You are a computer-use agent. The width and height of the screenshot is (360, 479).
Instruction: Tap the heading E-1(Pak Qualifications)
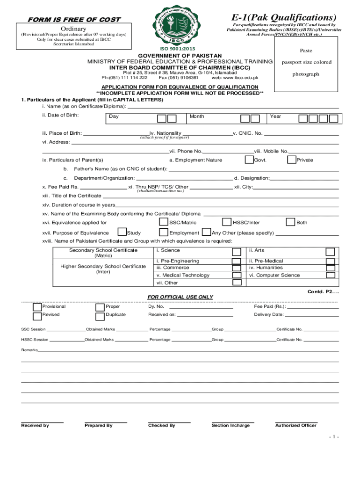coord(284,17)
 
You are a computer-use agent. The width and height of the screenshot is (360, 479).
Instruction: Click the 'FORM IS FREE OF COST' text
coord(73,20)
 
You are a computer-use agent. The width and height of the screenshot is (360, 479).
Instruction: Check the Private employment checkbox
coord(291,160)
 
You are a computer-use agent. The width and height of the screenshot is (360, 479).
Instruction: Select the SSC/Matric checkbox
coord(164,222)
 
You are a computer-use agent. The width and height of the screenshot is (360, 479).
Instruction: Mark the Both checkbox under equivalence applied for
coord(290,222)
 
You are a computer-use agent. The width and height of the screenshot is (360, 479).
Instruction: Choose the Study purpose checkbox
coord(122,232)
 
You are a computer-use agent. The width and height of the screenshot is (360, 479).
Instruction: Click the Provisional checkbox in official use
coord(36,307)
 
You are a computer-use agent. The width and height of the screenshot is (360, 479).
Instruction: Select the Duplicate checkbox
coord(100,315)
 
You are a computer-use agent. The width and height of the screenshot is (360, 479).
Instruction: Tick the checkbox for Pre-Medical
coord(330,261)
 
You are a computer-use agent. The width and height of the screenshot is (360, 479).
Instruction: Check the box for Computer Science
coord(330,276)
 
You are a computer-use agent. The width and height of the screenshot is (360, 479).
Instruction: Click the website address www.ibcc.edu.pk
coord(243,78)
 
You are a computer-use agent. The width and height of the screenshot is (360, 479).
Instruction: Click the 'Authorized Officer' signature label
coord(295,426)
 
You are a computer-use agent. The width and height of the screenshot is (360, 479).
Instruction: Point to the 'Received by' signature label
coord(35,426)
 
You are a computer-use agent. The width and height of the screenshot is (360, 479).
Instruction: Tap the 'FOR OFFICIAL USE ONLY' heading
coord(180,297)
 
